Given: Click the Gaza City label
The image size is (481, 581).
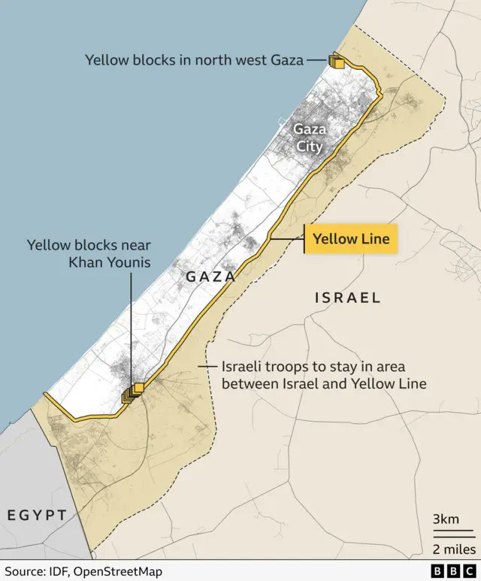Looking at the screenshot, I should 310,138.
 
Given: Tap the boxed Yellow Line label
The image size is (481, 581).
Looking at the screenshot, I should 351,239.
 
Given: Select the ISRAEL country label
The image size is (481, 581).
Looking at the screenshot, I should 347,298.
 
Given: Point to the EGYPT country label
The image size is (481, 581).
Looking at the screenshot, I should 38,515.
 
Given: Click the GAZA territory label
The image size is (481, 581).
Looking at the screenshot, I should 210,277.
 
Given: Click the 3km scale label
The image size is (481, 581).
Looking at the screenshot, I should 445,519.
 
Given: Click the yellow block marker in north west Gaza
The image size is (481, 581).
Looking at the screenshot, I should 337,62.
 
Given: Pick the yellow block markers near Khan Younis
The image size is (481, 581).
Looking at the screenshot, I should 133,392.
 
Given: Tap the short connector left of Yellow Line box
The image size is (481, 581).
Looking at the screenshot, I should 288,239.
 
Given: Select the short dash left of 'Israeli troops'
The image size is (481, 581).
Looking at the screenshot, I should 204,367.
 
